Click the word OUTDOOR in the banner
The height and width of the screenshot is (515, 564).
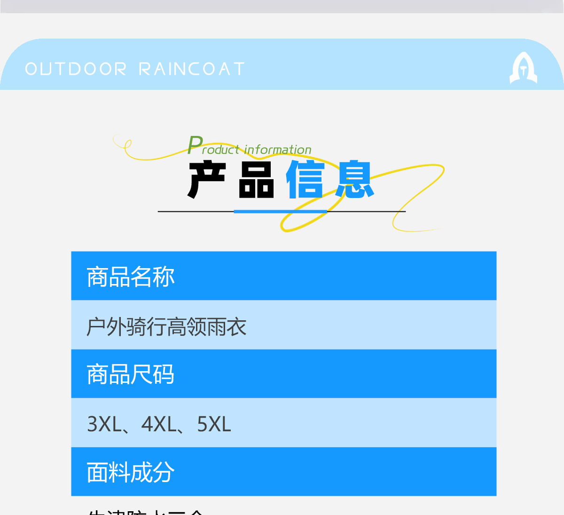tap(76, 69)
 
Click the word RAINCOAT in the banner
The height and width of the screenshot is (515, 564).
tap(192, 69)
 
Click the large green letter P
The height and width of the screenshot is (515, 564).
tap(195, 145)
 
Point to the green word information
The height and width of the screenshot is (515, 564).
tap(278, 150)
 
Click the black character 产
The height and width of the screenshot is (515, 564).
tap(207, 180)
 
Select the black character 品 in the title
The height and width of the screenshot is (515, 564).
tap(256, 180)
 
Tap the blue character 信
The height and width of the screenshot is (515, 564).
tap(305, 180)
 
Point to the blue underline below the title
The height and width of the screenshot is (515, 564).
tap(281, 212)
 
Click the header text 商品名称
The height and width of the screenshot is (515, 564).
tap(130, 277)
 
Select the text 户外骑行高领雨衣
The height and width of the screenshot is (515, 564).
tap(166, 326)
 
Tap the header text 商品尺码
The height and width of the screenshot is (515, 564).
tap(130, 374)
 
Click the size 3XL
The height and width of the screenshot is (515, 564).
tap(104, 424)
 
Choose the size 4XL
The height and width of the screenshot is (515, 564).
tap(158, 424)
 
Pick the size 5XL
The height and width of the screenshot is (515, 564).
tap(214, 424)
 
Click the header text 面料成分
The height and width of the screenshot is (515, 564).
tap(130, 472)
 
